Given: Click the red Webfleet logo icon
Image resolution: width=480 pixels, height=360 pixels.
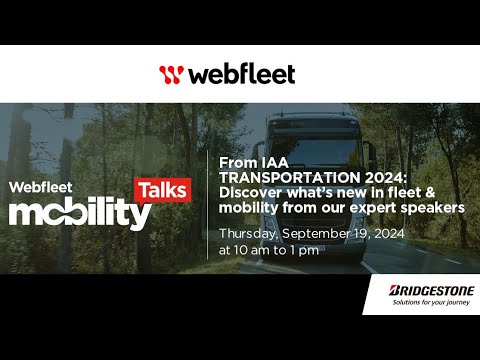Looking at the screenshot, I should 172,74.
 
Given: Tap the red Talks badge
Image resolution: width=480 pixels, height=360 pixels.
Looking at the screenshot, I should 161,188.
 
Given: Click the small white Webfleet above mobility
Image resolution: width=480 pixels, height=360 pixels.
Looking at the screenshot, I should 39,186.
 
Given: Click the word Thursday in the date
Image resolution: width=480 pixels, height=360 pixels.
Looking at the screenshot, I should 248,233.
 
